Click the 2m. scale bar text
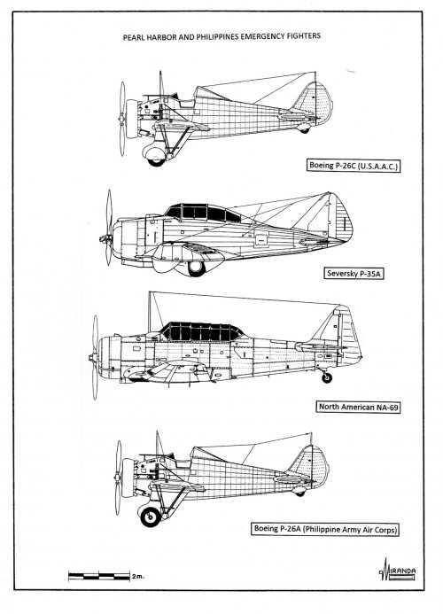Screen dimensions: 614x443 [136, 576]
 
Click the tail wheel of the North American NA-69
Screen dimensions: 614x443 [328, 377]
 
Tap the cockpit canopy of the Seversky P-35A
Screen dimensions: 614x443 [195, 213]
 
